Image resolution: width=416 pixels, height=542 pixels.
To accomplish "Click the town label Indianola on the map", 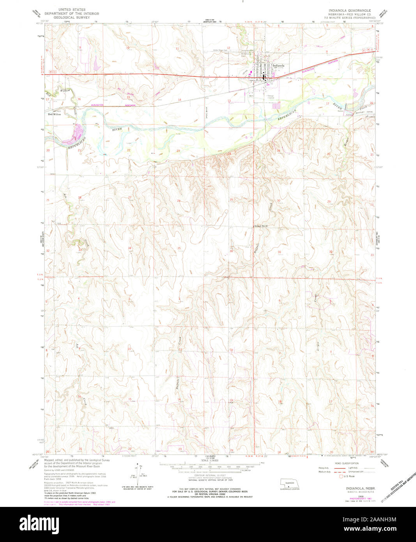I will coord(279,66).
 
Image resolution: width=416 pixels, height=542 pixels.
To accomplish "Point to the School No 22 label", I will coord(262,226).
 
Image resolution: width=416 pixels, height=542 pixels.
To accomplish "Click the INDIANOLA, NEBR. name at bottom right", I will coord(359,488).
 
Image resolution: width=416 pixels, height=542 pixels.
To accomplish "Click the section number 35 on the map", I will coord(179,248).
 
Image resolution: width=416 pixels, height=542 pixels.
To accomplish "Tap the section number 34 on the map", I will coord(130,248).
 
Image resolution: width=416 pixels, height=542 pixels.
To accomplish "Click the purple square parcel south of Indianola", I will coord(276,105).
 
